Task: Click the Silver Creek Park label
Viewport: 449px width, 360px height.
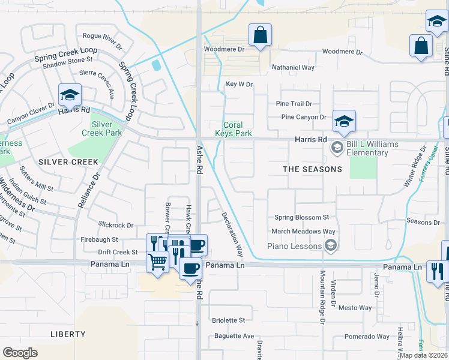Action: (106, 128)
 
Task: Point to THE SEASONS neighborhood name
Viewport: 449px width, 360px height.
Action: (312, 169)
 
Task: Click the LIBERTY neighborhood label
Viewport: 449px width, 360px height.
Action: (68, 334)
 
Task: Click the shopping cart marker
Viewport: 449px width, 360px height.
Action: (157, 262)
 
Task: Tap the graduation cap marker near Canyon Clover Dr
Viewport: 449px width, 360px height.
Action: (70, 96)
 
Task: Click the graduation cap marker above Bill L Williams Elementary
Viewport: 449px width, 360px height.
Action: (344, 122)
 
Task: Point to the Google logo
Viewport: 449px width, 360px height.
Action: (20, 353)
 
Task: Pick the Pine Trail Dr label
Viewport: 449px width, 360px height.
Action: (294, 104)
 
